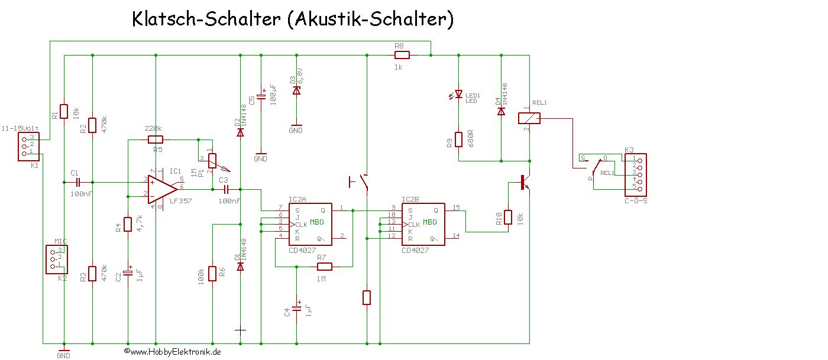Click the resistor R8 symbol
tap(402, 56)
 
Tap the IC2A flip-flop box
tap(309, 225)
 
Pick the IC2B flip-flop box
tap(423, 225)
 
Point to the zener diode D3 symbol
tap(297, 90)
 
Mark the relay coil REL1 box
tap(528, 118)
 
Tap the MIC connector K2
tap(57, 259)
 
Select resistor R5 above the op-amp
tap(155, 140)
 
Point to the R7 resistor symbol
tap(324, 267)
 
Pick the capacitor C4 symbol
tap(297, 307)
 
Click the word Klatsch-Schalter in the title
tap(206, 20)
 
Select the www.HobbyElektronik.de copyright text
tap(173, 351)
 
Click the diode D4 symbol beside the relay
tap(501, 111)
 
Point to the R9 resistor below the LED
tap(458, 140)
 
